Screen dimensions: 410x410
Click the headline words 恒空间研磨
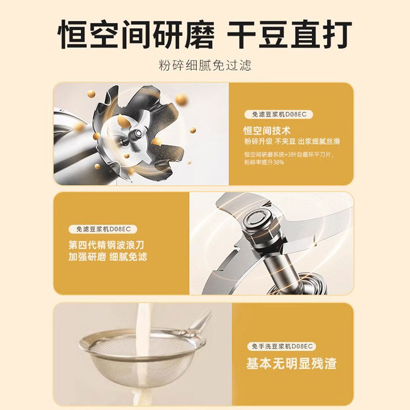pyautogui.click(x=136, y=34)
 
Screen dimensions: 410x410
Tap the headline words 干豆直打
pyautogui.click(x=290, y=34)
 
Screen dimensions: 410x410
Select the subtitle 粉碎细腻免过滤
pyautogui.click(x=205, y=66)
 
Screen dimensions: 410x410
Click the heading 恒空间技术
pyautogui.click(x=266, y=131)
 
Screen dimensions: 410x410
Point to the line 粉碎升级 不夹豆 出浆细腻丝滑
pyautogui.click(x=292, y=142)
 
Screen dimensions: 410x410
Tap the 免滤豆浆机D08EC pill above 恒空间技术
pyautogui.click(x=279, y=114)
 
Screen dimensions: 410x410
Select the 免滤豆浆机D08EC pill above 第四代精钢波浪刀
pyautogui.click(x=103, y=229)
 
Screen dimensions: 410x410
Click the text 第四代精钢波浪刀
pyautogui.click(x=106, y=245)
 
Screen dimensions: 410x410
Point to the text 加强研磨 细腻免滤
pyautogui.click(x=108, y=257)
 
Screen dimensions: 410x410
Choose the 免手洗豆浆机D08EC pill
pyautogui.click(x=282, y=346)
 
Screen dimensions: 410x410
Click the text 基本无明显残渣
pyautogui.click(x=291, y=364)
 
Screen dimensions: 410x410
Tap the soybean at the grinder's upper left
pyautogui.click(x=92, y=93)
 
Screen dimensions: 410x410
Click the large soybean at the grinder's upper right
pyautogui.click(x=181, y=99)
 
